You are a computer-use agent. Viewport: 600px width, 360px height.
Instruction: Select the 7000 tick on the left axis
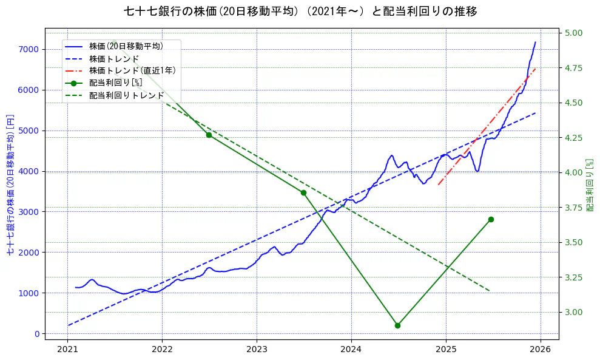tap(29, 49)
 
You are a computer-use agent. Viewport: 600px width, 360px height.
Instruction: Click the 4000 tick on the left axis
tap(29, 171)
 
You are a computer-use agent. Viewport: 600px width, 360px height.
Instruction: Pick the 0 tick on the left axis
tap(37, 334)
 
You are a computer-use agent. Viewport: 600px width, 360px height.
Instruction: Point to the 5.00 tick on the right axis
tap(574, 33)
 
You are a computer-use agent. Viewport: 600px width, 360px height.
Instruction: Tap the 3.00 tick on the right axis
tap(574, 312)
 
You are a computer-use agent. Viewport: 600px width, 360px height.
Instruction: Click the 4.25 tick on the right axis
tap(574, 138)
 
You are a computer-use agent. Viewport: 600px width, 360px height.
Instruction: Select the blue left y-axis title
tap(10, 184)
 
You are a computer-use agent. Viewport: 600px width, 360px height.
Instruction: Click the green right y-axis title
tap(590, 185)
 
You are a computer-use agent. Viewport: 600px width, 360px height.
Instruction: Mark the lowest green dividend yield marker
tap(397, 325)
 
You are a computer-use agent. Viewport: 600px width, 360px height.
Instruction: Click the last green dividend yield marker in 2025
tap(491, 219)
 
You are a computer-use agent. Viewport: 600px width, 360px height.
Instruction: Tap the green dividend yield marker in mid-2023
tap(303, 192)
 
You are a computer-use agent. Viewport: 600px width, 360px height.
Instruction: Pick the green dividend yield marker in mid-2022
tap(209, 135)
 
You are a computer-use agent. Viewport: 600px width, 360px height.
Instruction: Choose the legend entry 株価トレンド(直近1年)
tap(132, 70)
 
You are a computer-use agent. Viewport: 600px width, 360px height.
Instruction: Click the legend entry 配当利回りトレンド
tap(126, 95)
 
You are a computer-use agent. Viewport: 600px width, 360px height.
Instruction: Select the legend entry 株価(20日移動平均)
tap(126, 46)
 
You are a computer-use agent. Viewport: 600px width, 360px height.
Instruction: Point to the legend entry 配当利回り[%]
tap(115, 83)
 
